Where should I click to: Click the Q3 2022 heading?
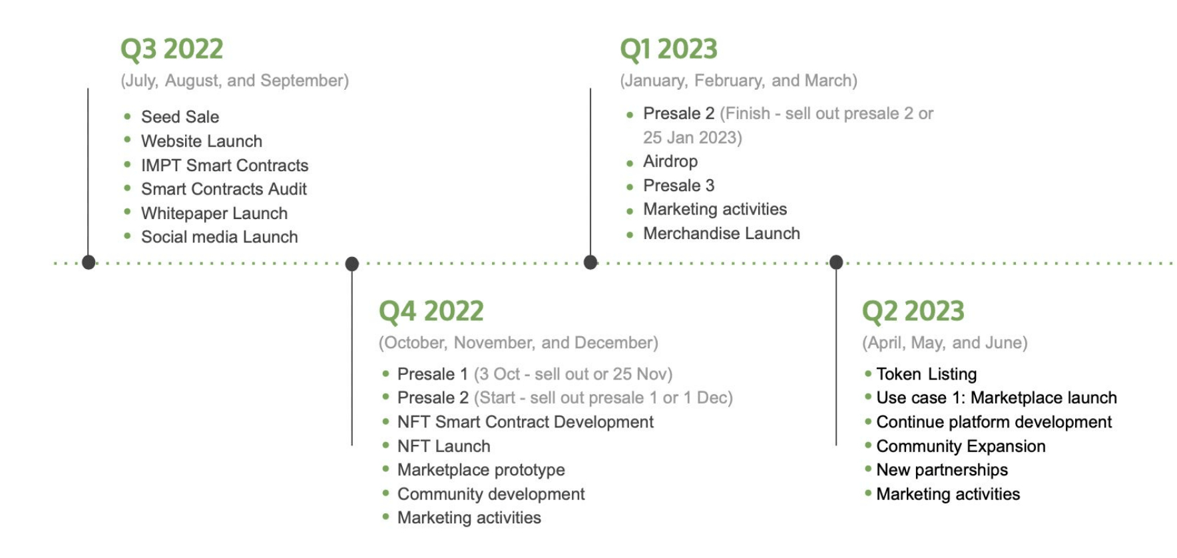172,49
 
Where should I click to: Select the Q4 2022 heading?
431,312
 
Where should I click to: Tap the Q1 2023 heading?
668,49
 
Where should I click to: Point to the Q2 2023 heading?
913,312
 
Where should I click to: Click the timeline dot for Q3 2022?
89,262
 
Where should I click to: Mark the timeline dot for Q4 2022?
352,264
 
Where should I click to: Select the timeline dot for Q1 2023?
590,262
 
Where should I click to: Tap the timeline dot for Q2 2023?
836,262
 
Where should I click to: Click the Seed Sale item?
180,117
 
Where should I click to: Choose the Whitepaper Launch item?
214,214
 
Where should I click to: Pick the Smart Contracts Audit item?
224,189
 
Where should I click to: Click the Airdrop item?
670,162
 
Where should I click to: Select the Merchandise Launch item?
722,234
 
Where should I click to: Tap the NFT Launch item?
444,446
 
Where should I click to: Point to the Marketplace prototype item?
481,470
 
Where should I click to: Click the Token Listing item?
927,374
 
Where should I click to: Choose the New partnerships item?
942,470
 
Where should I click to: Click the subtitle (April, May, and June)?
945,343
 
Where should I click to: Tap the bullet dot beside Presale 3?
630,187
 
